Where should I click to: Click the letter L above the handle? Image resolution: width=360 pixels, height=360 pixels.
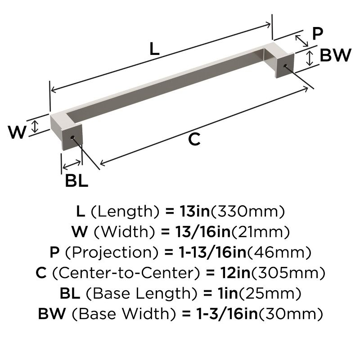pos(154,49)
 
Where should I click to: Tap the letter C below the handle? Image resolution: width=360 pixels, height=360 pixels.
pos(193,140)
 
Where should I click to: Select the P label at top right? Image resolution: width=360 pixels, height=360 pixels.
pos(318,33)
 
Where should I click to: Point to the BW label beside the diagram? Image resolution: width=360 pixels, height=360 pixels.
pos(335,56)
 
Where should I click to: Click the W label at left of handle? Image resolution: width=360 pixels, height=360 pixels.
pos(17,132)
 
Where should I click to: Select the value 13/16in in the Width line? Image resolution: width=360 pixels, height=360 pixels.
pos(196,231)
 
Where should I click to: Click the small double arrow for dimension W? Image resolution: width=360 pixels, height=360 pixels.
pos(35,126)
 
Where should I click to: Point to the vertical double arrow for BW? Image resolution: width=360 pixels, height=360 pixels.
pos(310,58)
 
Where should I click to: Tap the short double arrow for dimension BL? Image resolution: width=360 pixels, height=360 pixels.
pos(72,163)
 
